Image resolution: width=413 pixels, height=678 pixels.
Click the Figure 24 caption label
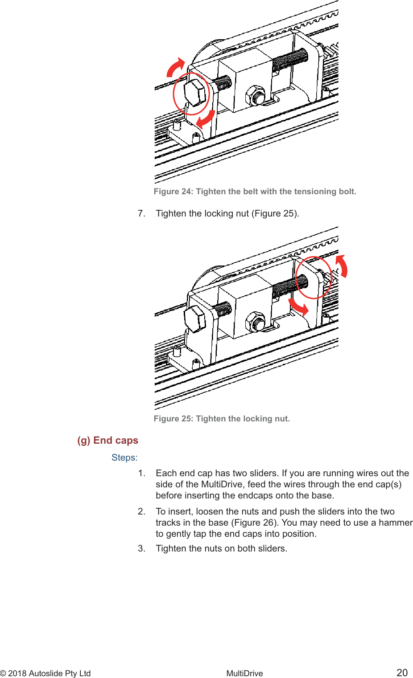pos(255,192)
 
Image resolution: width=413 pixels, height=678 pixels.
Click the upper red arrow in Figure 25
pos(342,266)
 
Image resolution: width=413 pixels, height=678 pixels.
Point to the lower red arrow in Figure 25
pos(298,306)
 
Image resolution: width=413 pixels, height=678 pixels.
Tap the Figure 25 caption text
pos(222,419)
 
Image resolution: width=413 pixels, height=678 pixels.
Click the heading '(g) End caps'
pos(107,440)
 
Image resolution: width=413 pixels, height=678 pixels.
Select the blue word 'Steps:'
pos(124,457)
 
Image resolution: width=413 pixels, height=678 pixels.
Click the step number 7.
pos(141,213)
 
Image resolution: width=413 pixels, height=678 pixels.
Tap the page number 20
pos(402,673)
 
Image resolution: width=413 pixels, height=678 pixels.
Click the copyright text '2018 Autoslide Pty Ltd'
pos(49,673)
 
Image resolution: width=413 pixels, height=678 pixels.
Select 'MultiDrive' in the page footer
pos(244,673)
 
